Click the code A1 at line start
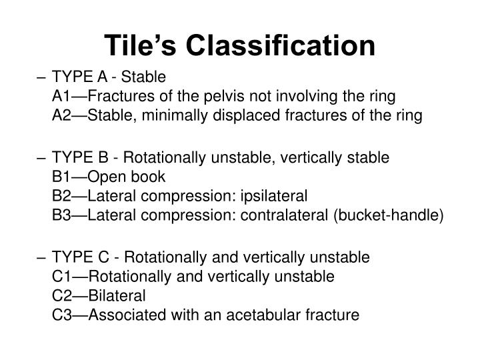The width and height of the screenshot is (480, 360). [x=62, y=97]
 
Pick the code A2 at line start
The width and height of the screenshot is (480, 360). [x=62, y=116]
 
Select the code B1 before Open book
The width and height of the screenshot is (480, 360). [x=62, y=177]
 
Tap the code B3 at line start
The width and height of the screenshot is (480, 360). [x=62, y=216]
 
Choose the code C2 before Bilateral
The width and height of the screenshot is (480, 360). [x=62, y=295]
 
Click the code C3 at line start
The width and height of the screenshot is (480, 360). [x=62, y=314]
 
